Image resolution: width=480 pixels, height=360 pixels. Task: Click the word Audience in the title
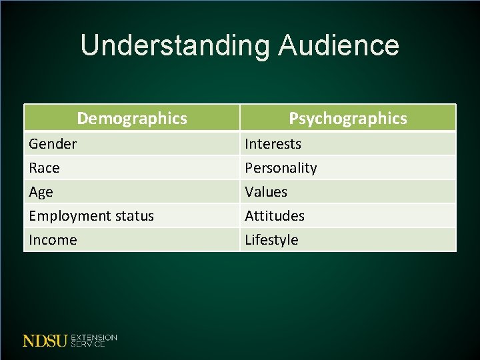coord(339,46)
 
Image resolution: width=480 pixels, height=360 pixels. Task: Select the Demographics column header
coord(132,118)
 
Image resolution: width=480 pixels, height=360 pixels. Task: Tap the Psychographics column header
coord(347,118)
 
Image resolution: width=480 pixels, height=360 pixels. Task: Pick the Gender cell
coord(53,143)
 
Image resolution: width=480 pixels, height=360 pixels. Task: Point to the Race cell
coord(44,168)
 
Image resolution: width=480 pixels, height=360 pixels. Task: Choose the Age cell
coord(41,192)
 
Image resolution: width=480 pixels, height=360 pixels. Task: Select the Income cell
coord(53,240)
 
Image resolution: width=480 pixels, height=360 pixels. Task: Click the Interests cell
coord(273,143)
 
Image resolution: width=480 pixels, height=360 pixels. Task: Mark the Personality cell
coord(281,168)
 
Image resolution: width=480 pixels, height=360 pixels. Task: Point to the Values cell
coord(266,192)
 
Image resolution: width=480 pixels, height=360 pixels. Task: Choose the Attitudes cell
coord(275,216)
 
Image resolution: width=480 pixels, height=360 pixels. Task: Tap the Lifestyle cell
coord(271,240)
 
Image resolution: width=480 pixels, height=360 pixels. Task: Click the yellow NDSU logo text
coord(45,341)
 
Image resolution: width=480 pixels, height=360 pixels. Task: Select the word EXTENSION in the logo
coord(93,337)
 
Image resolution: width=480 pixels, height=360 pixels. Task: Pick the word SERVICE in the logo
coord(87,344)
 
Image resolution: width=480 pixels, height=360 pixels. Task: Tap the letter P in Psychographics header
coord(293,118)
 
